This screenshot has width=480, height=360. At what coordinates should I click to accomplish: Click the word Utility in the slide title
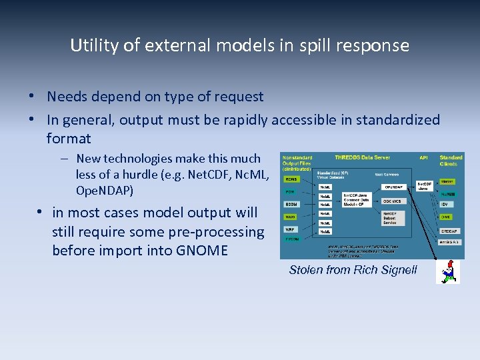pos(92,45)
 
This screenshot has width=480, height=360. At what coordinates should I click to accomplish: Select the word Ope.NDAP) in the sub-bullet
pos(105,191)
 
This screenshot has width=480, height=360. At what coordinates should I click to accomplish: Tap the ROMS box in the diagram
pos(291,179)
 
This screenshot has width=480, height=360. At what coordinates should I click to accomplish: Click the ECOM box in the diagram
pos(291,204)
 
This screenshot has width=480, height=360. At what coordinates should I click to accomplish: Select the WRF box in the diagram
pos(291,229)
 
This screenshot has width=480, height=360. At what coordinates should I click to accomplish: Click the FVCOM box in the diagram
pos(292,239)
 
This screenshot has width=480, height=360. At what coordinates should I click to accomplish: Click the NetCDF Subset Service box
pos(391,218)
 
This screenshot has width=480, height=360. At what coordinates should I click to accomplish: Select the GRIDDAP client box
pos(448,230)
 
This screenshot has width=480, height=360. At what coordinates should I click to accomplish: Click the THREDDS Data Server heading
pos(362,157)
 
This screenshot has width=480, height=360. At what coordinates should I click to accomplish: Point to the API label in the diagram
pos(423,157)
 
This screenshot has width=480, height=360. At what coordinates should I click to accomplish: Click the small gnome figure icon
pos(447,271)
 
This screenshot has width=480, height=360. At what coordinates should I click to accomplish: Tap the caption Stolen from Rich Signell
pos(353,270)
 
